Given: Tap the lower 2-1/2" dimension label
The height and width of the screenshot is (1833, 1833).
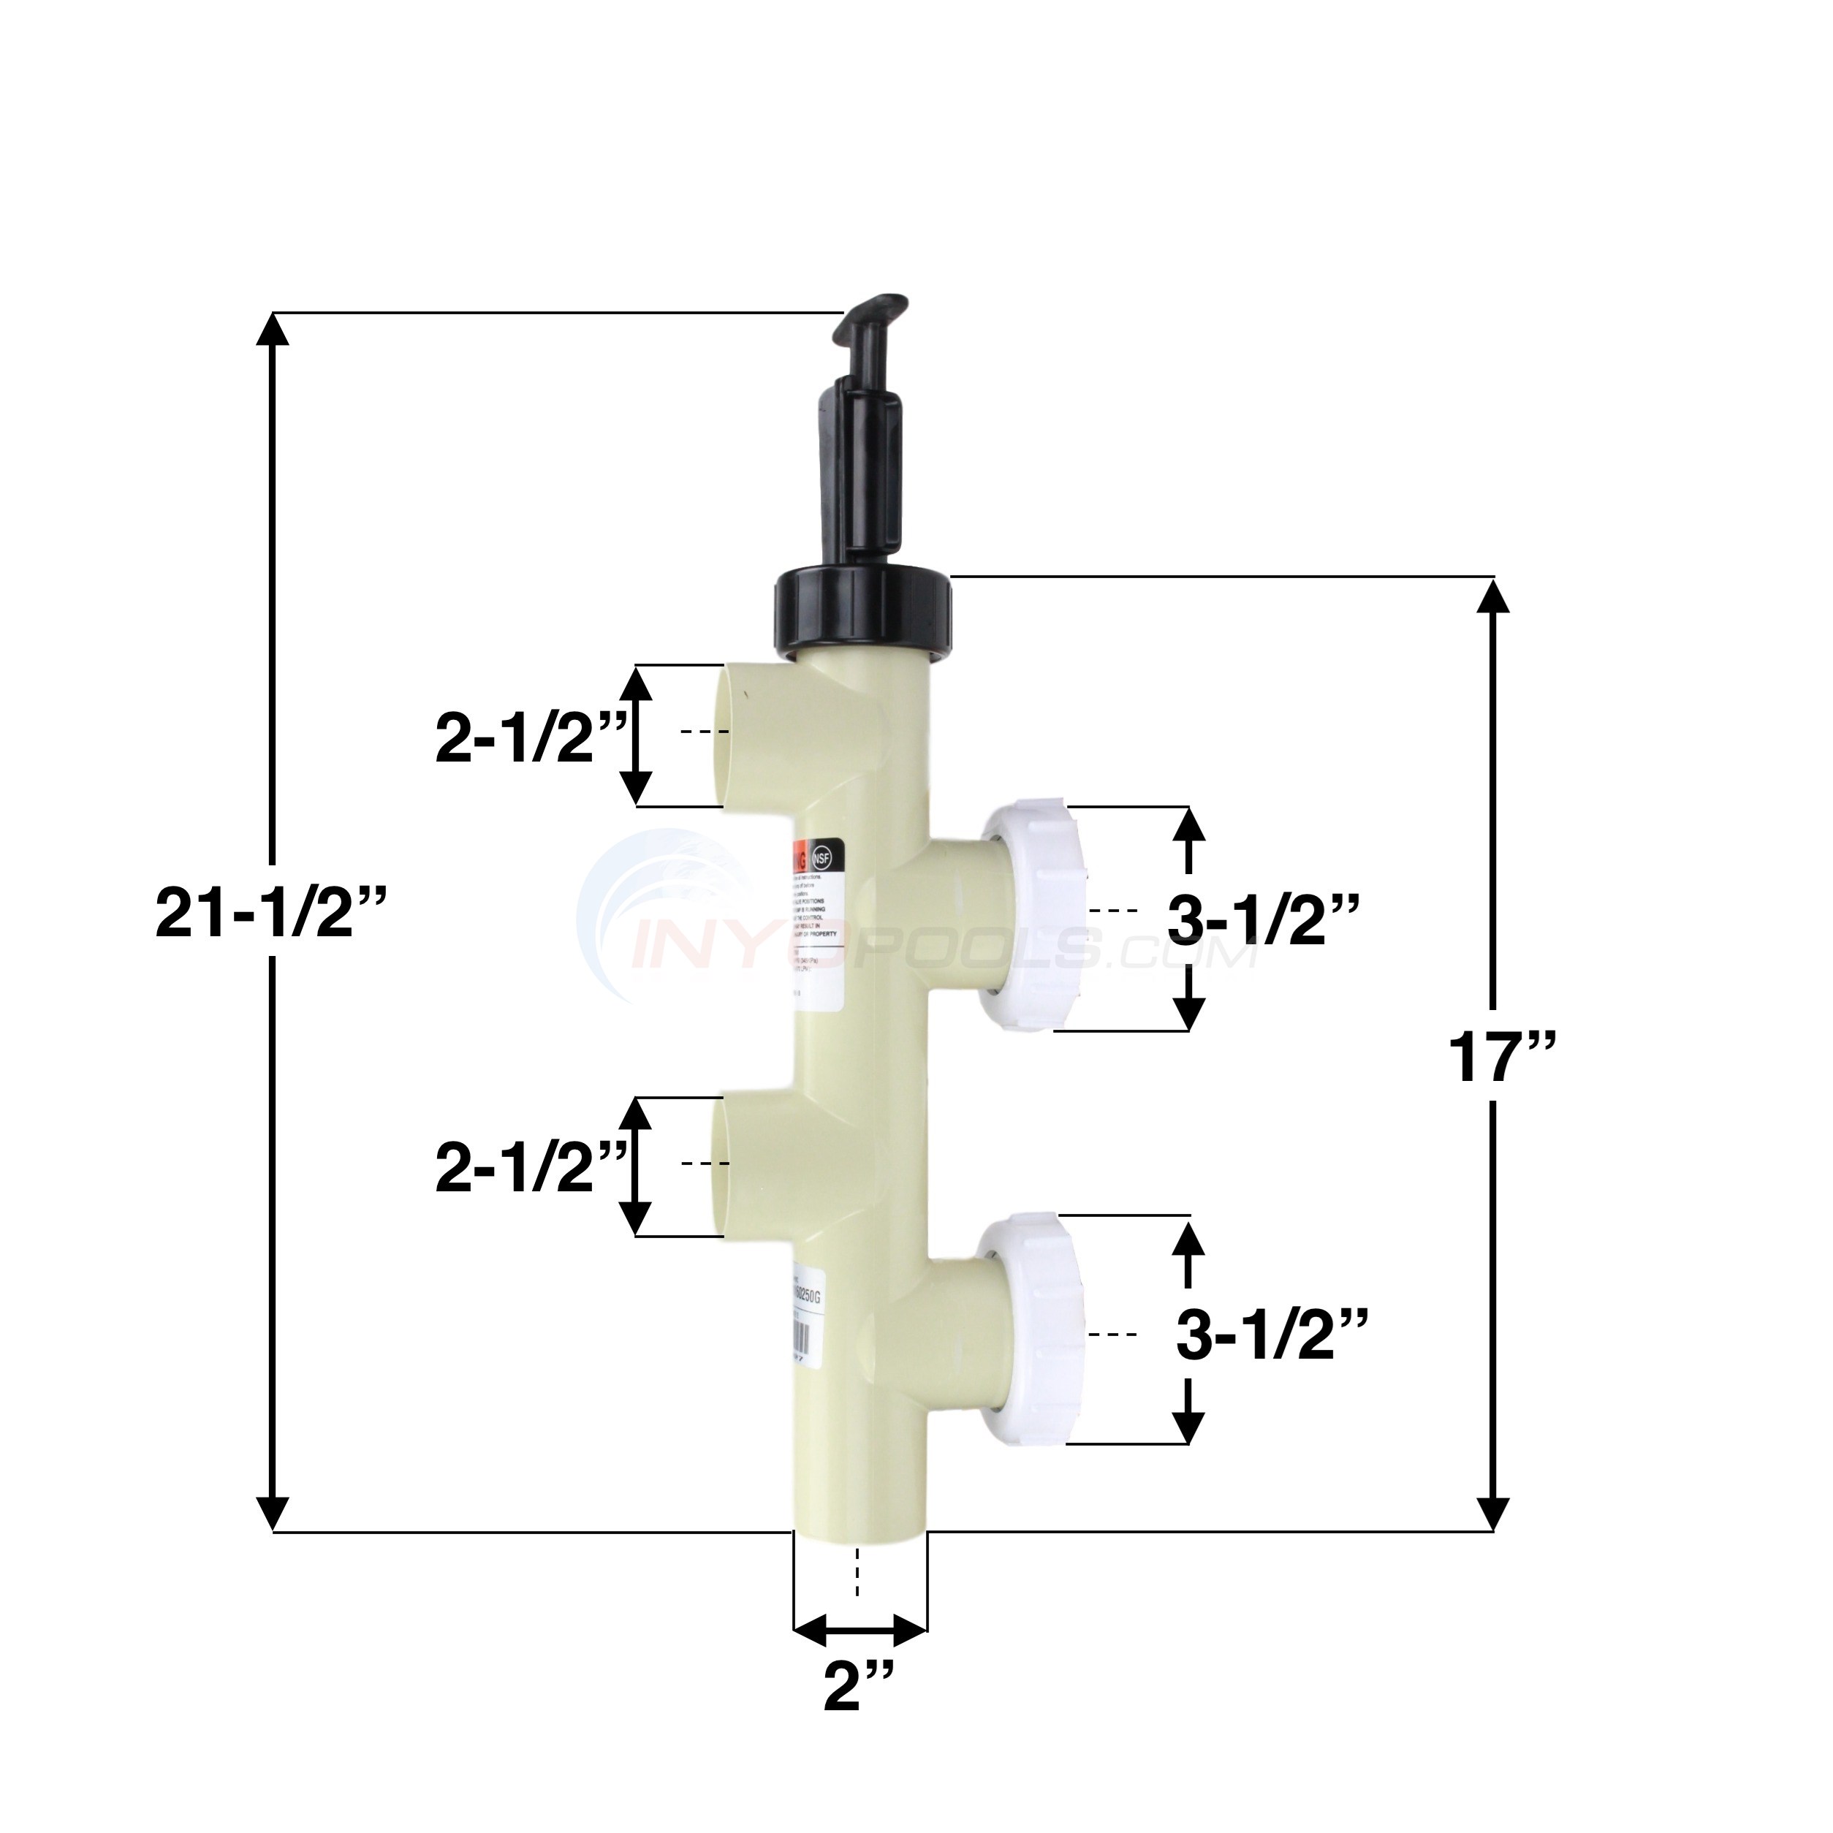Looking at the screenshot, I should [529, 1168].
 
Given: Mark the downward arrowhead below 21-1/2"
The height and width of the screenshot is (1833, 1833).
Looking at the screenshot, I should [273, 1535].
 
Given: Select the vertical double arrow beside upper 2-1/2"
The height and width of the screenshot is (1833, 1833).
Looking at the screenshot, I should [637, 735].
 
